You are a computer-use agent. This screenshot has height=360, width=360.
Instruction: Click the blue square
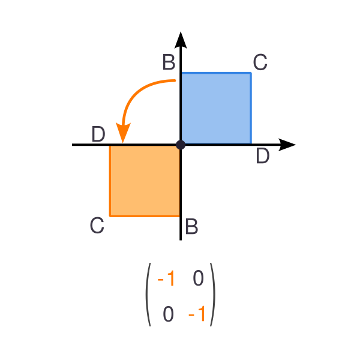[x=216, y=109]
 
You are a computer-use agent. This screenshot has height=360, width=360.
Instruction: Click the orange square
[x=145, y=181]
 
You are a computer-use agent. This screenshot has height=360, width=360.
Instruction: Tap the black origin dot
[x=181, y=145]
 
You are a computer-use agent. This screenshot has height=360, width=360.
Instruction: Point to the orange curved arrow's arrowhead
[x=123, y=133]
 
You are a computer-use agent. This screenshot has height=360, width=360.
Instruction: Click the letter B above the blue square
[x=169, y=62]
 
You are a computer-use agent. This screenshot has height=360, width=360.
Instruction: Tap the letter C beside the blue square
[x=260, y=62]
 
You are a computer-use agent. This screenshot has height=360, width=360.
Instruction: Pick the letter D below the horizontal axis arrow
[x=263, y=155]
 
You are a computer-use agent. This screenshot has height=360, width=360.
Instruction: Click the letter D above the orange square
[x=98, y=134]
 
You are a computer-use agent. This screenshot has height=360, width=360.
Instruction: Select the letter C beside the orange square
[x=97, y=225]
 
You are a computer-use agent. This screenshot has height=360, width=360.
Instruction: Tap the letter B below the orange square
[x=191, y=226]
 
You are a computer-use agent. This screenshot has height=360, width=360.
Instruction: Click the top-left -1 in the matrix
[x=166, y=278]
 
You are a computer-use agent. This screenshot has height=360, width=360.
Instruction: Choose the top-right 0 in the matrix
[x=199, y=278]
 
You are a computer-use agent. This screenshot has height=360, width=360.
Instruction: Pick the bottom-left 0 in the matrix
[x=168, y=314]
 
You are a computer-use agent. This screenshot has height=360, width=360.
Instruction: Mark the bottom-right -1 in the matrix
[x=197, y=314]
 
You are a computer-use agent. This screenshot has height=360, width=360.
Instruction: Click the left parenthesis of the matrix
[x=147, y=295]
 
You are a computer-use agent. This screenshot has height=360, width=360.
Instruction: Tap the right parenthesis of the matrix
[x=213, y=295]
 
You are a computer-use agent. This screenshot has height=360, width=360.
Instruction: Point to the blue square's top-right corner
[x=251, y=73]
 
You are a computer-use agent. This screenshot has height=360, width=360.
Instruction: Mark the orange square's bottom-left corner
[x=110, y=216]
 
